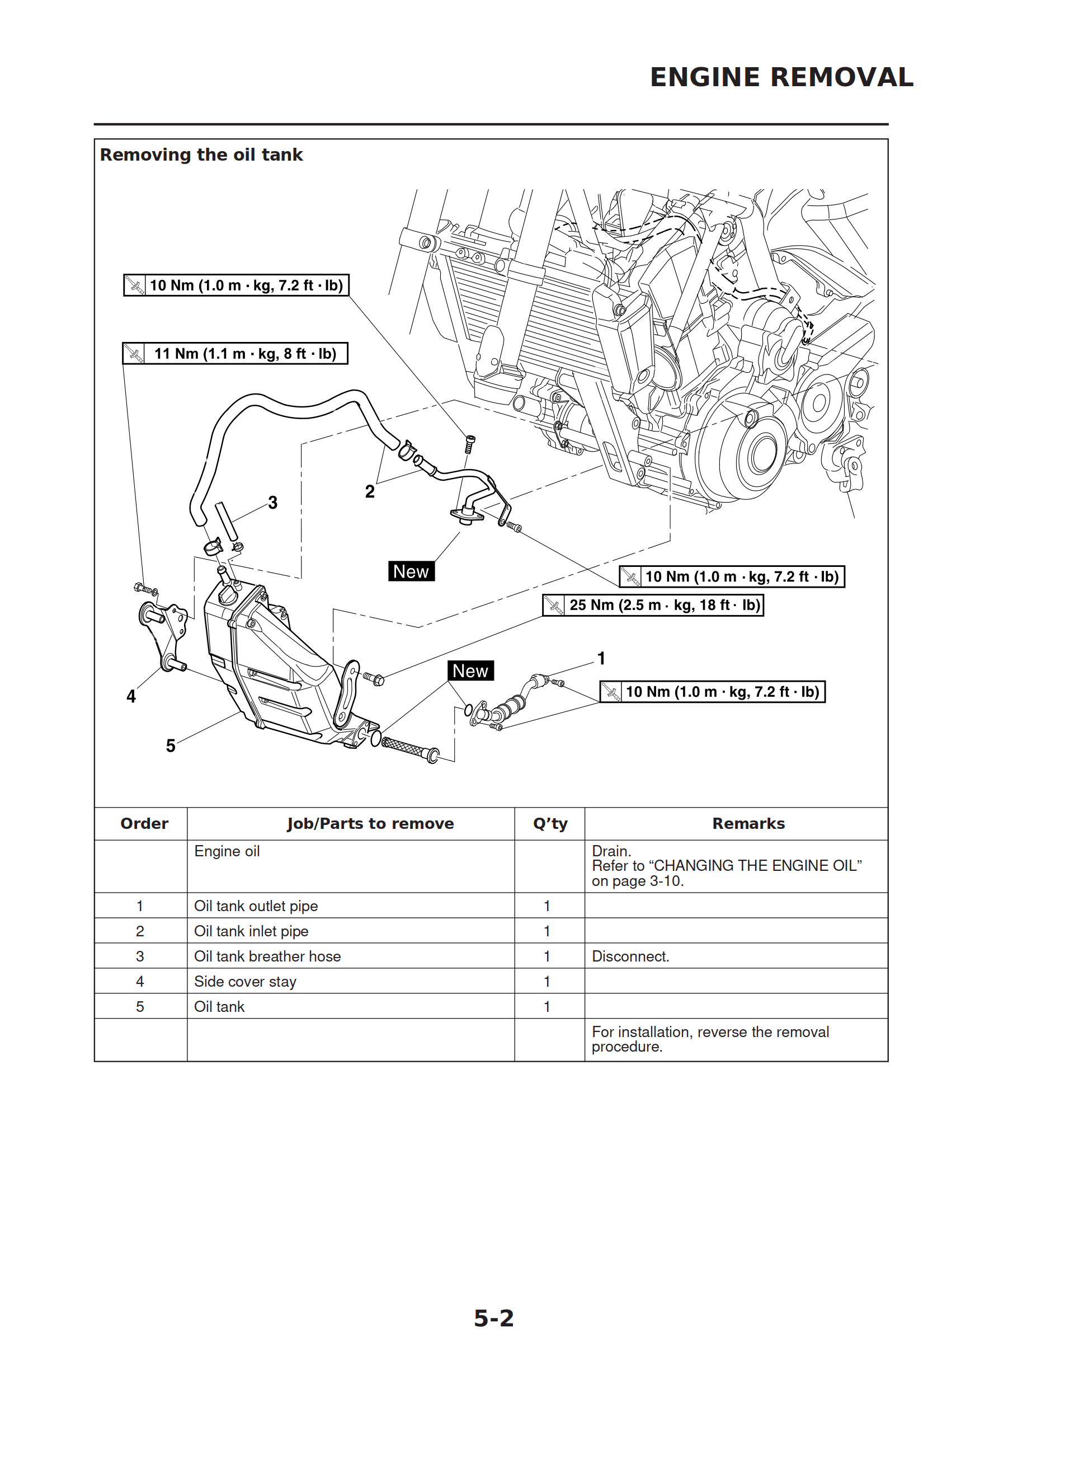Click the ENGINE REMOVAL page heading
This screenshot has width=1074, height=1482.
(x=781, y=77)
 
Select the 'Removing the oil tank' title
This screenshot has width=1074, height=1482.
(x=201, y=155)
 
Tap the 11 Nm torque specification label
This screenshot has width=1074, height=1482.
(x=235, y=354)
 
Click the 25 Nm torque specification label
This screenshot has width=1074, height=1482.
(x=653, y=605)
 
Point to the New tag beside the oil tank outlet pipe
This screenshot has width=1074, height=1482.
(x=470, y=671)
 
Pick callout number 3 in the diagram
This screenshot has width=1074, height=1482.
(x=272, y=503)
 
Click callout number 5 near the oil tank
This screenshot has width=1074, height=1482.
(x=171, y=745)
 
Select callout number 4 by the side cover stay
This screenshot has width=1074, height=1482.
(x=131, y=697)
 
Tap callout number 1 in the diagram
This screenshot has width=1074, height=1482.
(x=601, y=659)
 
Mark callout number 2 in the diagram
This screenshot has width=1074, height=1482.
(x=370, y=491)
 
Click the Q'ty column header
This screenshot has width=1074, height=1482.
(x=550, y=823)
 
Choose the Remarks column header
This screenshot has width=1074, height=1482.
(x=748, y=823)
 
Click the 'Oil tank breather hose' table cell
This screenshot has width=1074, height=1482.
(x=267, y=956)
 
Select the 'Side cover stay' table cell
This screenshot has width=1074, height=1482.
(x=245, y=982)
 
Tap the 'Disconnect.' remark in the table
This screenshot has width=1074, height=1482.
(x=630, y=956)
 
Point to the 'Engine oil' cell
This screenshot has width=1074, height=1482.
(x=227, y=851)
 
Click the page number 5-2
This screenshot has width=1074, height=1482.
(x=494, y=1318)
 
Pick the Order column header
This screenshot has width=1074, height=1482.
(x=144, y=823)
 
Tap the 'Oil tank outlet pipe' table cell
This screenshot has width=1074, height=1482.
(x=256, y=906)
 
